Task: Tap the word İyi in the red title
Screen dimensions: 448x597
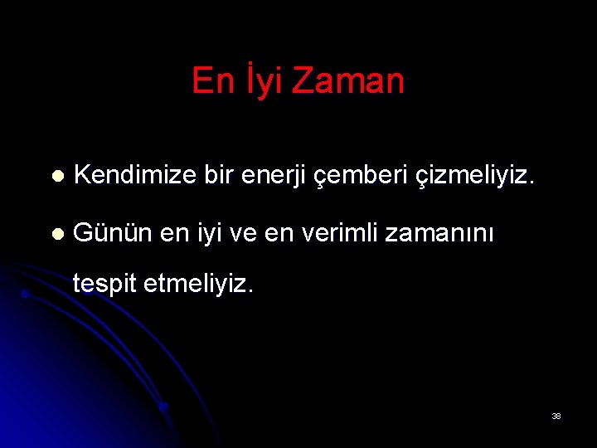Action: [260, 81]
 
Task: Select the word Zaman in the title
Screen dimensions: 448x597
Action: [349, 81]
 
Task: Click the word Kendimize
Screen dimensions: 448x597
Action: [133, 176]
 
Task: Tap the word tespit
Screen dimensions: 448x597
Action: [104, 285]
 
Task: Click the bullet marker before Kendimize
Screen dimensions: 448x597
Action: [56, 177]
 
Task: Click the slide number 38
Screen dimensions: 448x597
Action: [556, 416]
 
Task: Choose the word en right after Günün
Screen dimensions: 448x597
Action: [174, 233]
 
